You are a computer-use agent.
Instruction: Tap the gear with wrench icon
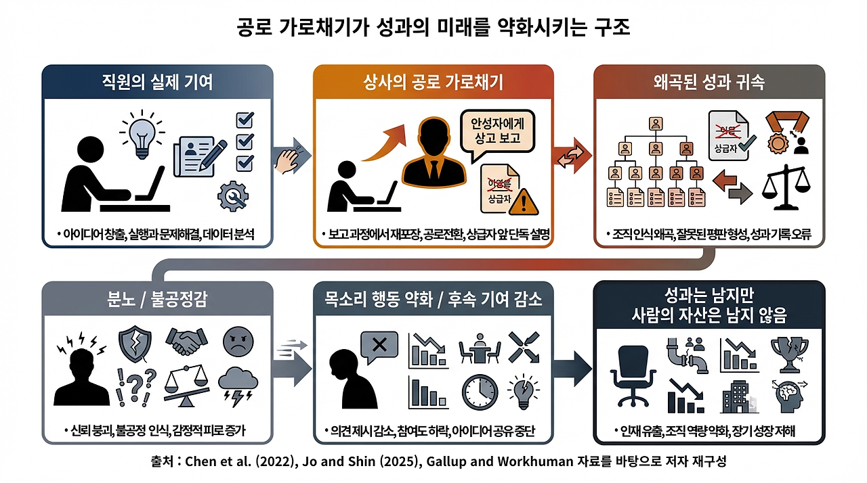(234, 196)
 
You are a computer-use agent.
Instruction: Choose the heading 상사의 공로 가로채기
(433, 83)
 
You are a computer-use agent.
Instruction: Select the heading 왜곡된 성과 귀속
(709, 83)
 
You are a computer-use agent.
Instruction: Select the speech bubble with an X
(379, 346)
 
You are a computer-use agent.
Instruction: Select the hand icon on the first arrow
(289, 160)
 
